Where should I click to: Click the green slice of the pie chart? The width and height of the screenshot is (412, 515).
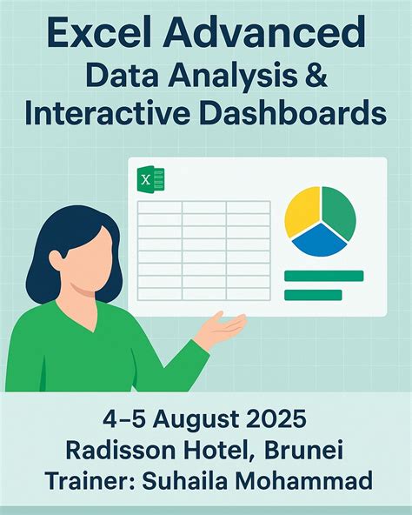coord(340,212)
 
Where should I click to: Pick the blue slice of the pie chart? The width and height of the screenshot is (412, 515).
coord(319,240)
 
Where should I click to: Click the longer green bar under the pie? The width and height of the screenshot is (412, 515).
coord(323,276)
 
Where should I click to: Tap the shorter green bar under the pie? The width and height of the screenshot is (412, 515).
coord(313,295)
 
